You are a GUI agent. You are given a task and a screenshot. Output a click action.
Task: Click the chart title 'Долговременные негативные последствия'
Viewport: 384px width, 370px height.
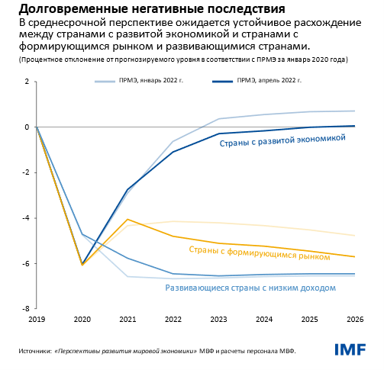[152, 9]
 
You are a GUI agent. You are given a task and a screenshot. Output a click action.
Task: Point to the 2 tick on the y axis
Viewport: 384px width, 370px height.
[27, 82]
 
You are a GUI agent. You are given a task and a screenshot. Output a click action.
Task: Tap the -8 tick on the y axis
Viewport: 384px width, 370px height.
[26, 309]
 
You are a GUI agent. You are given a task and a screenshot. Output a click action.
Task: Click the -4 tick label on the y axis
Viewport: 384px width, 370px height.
[26, 218]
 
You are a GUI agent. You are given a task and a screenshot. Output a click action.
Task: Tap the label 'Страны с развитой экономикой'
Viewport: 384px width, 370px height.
[282, 140]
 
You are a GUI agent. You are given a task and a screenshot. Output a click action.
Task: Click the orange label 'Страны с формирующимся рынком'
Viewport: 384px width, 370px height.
[259, 253]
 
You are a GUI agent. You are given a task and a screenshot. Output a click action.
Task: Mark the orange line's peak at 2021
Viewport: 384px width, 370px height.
[127, 219]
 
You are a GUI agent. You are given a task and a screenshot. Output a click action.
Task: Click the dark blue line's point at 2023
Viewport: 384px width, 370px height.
[218, 134]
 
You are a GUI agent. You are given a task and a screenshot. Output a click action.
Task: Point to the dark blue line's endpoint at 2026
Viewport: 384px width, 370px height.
[355, 126]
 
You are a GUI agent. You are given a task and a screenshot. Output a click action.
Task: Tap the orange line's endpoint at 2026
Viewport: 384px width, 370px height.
[355, 257]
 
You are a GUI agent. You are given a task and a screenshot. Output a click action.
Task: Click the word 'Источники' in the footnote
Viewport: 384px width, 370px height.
[35, 351]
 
